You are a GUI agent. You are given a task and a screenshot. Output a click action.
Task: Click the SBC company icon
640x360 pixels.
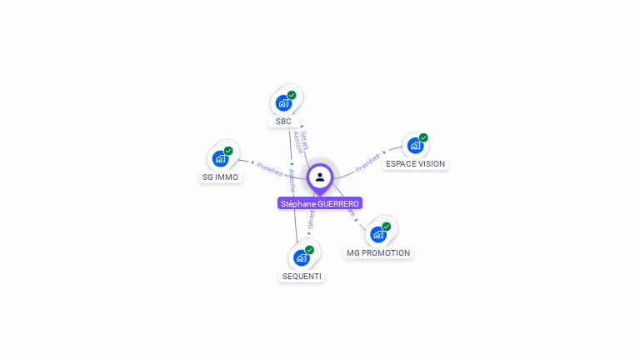tap(283, 103)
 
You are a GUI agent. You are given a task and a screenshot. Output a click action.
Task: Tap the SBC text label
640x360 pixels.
tap(283, 122)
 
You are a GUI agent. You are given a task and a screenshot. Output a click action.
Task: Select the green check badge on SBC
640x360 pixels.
tap(292, 95)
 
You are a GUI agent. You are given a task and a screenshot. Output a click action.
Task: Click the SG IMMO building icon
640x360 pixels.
tap(220, 158)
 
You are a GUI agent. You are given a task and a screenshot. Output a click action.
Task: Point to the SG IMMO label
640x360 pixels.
tap(220, 177)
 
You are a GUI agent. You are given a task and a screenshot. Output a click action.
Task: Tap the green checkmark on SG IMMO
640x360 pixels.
tap(228, 151)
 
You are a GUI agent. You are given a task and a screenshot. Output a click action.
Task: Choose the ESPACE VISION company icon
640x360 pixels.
tap(415, 146)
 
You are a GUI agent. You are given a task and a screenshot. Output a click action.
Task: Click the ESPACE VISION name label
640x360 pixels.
tap(415, 164)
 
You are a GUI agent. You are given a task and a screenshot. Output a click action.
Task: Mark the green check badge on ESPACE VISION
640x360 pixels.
tap(423, 137)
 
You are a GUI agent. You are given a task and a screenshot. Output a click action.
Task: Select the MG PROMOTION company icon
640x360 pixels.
tap(378, 234)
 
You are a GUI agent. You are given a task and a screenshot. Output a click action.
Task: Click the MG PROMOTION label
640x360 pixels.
tap(378, 252)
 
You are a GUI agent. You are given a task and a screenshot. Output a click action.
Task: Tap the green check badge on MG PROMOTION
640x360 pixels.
tap(387, 226)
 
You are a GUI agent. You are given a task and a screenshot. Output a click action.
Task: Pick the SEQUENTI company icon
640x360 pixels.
tap(301, 257)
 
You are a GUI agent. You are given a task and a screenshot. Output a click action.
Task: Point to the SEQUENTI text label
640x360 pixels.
tap(301, 276)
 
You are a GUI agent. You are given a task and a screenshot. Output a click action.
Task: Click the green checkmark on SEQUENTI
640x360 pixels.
tap(309, 249)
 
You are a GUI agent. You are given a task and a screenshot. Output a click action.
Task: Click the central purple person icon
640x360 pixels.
tap(320, 177)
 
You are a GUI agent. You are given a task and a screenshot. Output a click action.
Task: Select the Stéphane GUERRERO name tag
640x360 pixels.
tap(320, 203)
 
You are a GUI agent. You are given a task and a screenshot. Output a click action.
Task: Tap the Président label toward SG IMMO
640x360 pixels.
tap(269, 168)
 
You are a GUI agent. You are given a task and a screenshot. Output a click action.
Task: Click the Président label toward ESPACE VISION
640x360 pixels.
tap(367, 162)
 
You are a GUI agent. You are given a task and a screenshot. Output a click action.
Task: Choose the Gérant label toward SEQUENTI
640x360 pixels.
tap(311, 218)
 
